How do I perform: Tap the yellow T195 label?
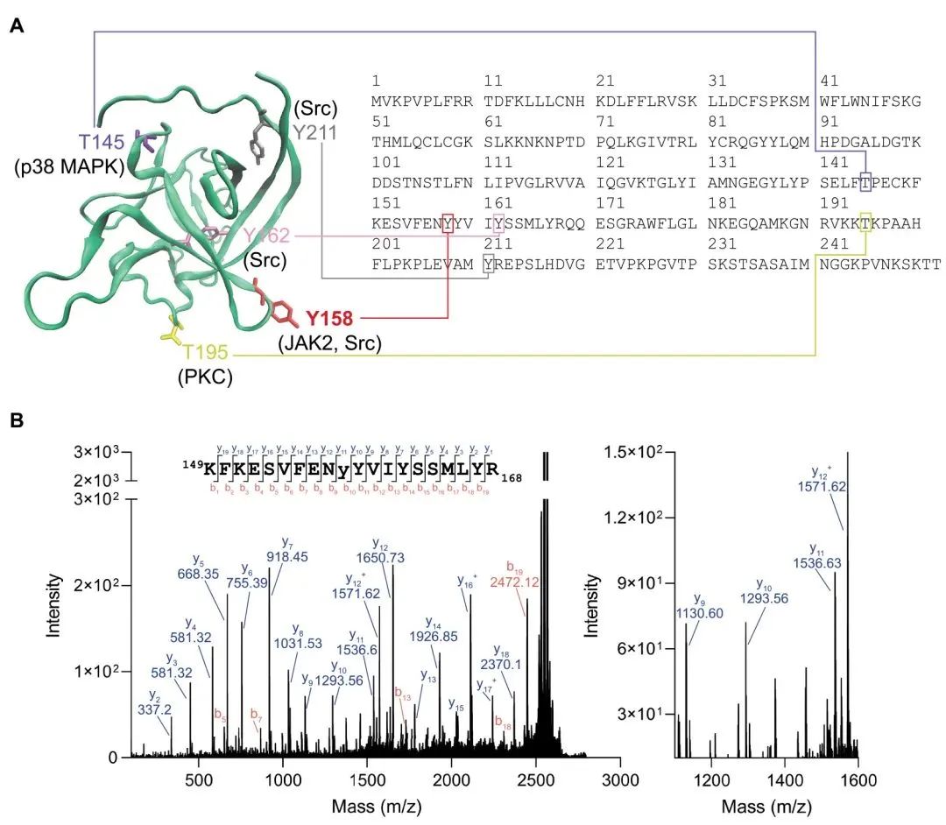pos(206,352)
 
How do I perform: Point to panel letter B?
pos(16,421)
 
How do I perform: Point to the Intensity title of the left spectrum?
pos(53,604)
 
